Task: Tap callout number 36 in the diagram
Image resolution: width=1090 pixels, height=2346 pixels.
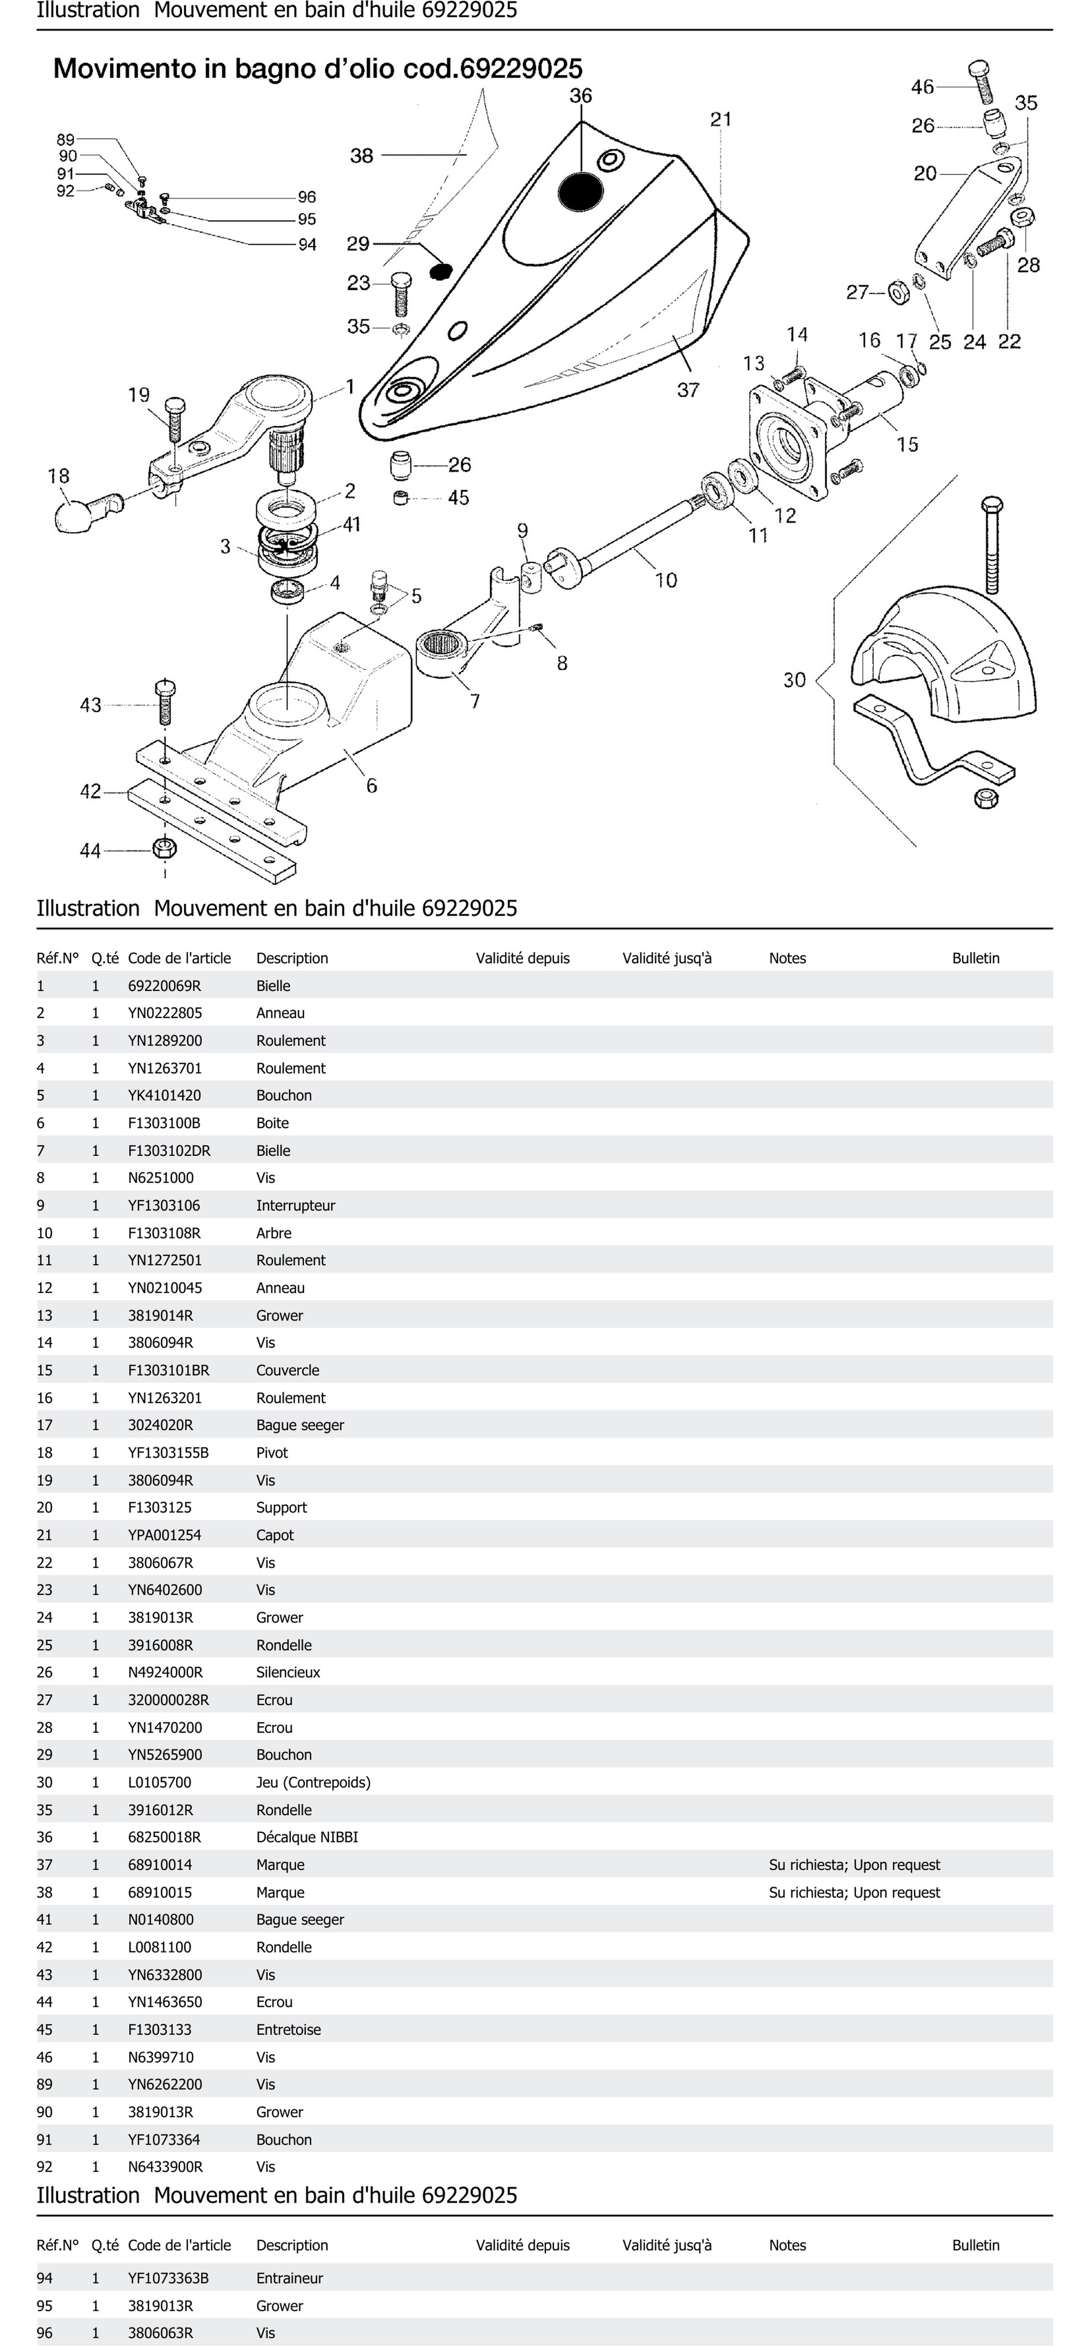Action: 580,96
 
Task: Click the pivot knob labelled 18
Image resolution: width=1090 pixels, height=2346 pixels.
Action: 73,515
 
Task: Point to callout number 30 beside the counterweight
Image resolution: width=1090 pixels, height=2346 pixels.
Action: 794,679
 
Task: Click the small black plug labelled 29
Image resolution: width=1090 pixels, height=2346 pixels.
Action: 441,270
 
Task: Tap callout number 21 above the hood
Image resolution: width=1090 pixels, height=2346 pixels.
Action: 720,119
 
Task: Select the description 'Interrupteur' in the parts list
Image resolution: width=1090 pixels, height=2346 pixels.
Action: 295,1205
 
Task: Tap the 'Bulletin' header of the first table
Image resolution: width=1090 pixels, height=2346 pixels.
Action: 975,958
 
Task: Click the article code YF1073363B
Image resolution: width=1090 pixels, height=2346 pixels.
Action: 167,2278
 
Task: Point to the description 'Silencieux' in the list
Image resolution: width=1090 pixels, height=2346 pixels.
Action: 288,1672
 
